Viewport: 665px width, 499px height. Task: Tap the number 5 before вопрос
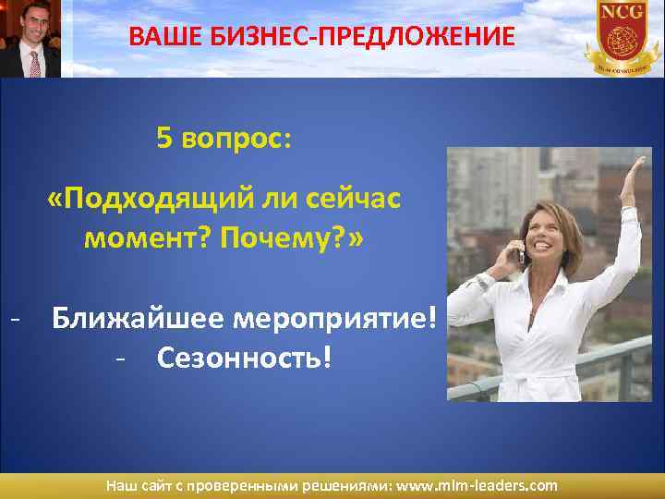(164, 139)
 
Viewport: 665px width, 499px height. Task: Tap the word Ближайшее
(139, 318)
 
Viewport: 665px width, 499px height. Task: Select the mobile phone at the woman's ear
(523, 251)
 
